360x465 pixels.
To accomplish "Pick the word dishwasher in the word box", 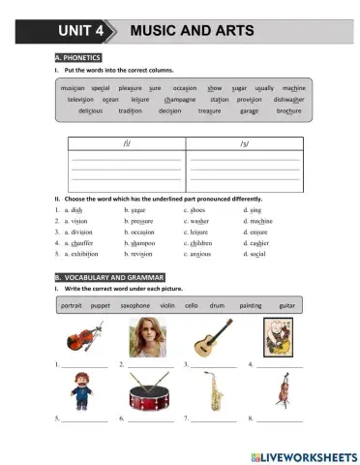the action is coord(293,99).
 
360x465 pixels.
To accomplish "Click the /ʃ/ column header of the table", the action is coord(125,143).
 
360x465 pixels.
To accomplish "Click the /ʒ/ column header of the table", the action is coord(243,143).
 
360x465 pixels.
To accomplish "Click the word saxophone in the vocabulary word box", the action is coord(135,305).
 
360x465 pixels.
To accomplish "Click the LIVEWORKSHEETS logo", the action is coord(303,454).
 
